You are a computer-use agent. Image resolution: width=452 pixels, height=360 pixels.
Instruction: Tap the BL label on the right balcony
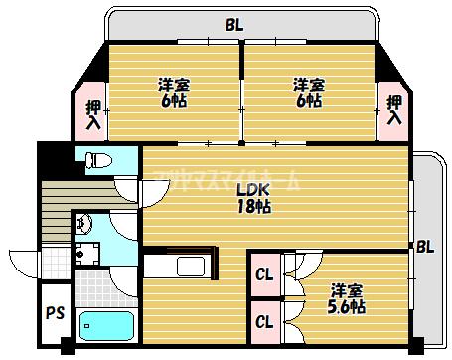pyautogui.click(x=424, y=246)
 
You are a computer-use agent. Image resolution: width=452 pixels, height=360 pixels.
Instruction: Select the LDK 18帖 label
pyautogui.click(x=253, y=197)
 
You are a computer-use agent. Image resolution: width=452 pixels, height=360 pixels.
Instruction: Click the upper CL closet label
pyautogui.click(x=264, y=274)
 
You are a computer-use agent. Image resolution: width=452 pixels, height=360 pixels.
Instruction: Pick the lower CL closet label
pyautogui.click(x=264, y=321)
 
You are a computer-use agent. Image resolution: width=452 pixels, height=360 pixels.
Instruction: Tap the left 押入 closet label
pyautogui.click(x=92, y=115)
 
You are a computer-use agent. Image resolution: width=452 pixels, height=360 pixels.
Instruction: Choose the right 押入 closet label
pyautogui.click(x=394, y=109)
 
